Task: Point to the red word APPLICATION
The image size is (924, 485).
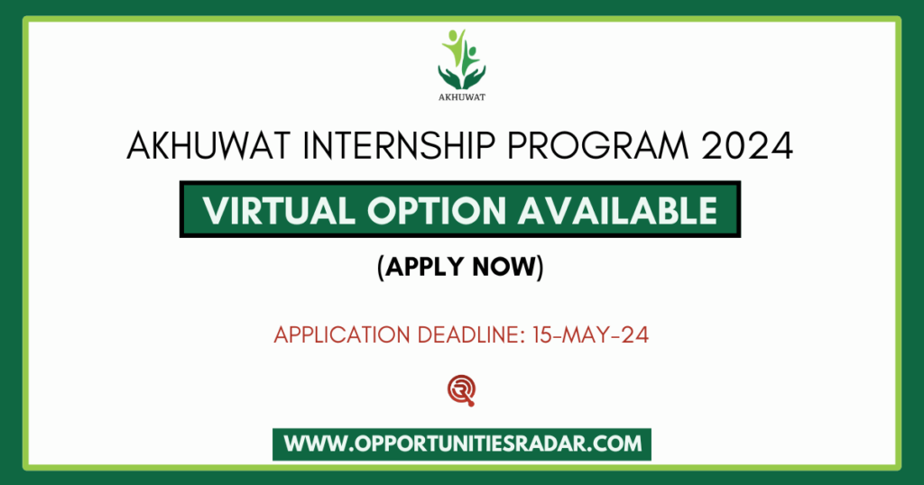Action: click(x=340, y=335)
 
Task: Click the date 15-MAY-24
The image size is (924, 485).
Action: click(x=591, y=335)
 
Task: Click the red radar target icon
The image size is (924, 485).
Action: click(x=461, y=389)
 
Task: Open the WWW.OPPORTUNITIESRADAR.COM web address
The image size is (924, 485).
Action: click(x=462, y=444)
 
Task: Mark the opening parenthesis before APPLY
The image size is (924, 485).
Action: click(x=383, y=268)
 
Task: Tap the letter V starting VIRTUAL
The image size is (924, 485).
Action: click(x=214, y=210)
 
